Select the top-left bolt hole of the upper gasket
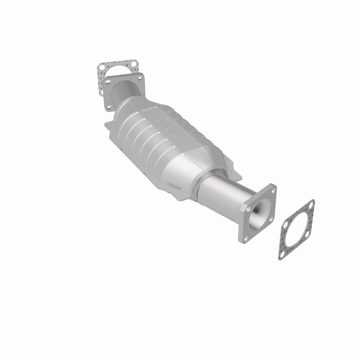tap(103, 69)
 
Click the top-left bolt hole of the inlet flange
tap(110, 81)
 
